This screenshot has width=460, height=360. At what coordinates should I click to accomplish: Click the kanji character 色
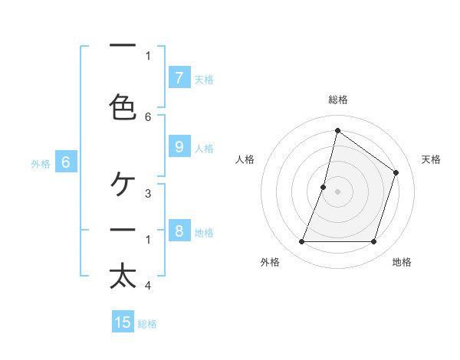click(x=123, y=106)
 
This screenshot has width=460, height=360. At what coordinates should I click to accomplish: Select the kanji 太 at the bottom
click(x=123, y=277)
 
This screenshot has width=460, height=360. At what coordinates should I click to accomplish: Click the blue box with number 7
click(x=179, y=77)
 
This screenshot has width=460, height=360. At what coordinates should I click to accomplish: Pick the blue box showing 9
click(x=179, y=147)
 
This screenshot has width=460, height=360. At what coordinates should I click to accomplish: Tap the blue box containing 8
click(x=179, y=231)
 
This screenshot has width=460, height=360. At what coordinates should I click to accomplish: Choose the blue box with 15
click(x=123, y=322)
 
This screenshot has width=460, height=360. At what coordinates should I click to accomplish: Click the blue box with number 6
click(x=66, y=162)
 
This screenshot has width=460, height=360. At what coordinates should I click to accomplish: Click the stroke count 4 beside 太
click(x=148, y=286)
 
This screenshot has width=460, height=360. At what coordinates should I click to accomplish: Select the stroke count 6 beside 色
click(x=148, y=116)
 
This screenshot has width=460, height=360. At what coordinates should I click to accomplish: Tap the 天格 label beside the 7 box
click(x=204, y=79)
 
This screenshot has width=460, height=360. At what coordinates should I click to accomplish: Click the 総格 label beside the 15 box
click(x=147, y=324)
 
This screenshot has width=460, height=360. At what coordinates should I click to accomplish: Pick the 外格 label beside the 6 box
click(x=41, y=164)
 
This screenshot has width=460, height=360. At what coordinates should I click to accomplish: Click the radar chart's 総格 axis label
click(x=338, y=100)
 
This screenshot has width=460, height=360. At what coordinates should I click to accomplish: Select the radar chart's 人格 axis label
click(x=245, y=159)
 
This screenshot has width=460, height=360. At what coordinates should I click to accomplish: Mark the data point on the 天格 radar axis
click(x=396, y=172)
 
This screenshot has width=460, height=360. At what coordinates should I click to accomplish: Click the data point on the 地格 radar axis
click(x=373, y=241)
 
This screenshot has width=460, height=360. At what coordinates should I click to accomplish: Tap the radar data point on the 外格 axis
click(x=301, y=241)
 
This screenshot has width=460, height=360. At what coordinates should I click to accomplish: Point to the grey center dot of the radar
click(x=337, y=191)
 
